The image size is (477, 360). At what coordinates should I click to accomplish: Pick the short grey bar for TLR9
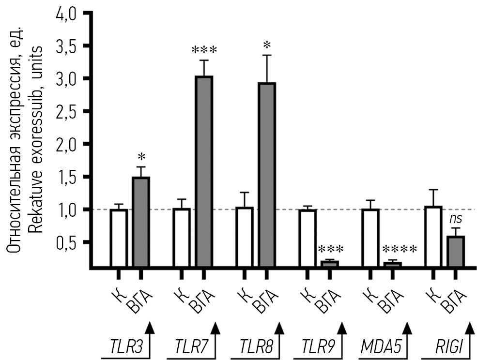(x=330, y=264)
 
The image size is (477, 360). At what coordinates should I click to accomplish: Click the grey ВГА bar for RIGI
(x=456, y=251)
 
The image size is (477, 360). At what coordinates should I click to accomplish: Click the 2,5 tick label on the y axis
(x=68, y=111)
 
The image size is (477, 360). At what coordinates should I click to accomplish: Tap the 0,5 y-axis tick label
(x=68, y=242)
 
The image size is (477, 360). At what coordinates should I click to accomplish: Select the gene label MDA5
(x=377, y=347)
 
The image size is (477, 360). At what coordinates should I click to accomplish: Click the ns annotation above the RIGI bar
(x=456, y=219)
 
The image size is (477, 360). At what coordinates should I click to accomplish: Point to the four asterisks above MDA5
(x=399, y=250)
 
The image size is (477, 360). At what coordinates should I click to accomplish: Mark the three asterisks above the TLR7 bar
(x=204, y=50)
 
